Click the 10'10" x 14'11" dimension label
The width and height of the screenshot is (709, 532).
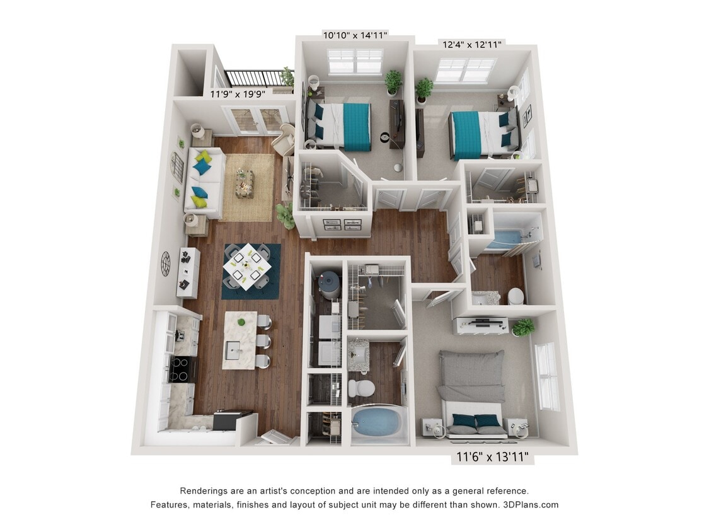(x=355, y=35)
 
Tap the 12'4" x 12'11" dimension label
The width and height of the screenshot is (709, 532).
(x=471, y=44)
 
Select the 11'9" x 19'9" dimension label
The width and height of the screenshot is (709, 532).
(x=238, y=93)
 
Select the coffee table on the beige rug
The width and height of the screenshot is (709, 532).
(x=245, y=183)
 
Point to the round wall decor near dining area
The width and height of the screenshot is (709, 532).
(x=166, y=263)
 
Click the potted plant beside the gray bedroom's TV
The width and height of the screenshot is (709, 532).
(x=522, y=327)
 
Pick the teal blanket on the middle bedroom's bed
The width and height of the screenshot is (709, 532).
(x=357, y=127)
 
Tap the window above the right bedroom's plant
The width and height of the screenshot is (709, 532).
(x=465, y=69)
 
